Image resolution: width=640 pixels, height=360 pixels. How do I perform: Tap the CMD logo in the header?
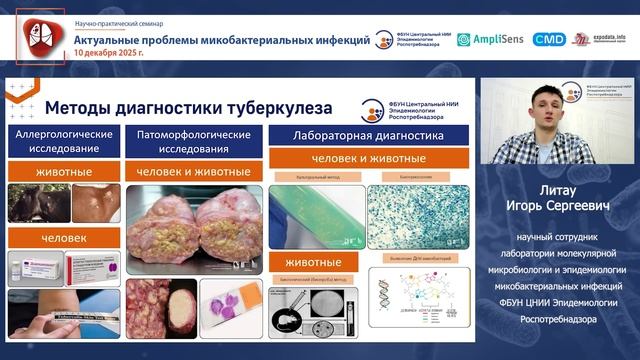click(548, 39)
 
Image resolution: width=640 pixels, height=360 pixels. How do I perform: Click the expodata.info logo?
click(597, 39)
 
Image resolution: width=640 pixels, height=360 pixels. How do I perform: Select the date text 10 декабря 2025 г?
click(115, 55)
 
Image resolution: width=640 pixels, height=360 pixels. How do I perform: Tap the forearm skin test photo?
click(62, 310)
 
